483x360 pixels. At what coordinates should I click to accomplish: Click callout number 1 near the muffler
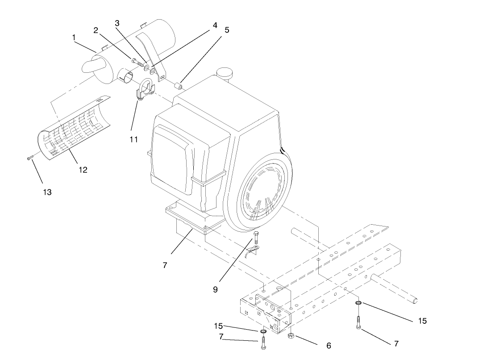click(75, 38)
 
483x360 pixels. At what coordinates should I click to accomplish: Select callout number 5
click(226, 30)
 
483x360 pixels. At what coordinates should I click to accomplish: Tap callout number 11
click(134, 140)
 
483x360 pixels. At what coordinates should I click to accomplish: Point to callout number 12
click(83, 170)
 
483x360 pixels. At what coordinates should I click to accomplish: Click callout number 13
click(47, 192)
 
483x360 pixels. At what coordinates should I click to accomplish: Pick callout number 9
click(215, 289)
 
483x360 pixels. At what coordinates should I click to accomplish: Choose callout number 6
click(329, 346)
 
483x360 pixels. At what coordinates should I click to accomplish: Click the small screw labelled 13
click(29, 157)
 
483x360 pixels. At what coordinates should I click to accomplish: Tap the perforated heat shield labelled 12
click(76, 127)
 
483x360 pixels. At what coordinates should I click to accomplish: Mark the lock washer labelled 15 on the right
click(358, 304)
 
